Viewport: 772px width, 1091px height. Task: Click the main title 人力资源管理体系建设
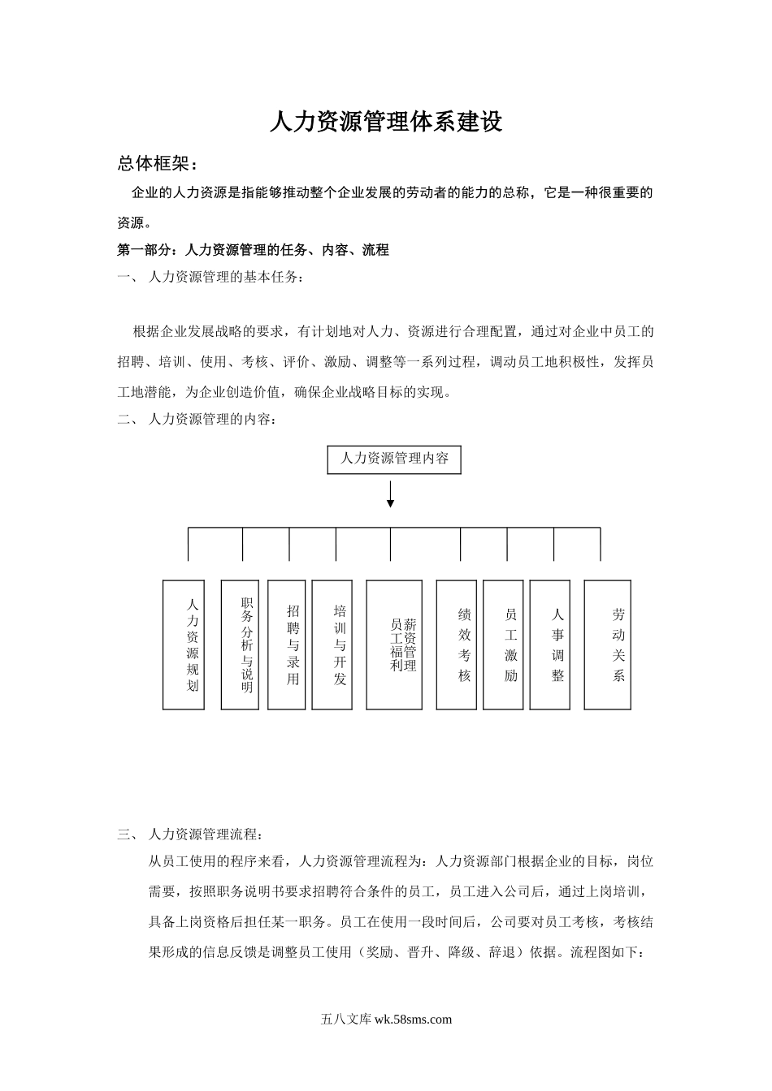pos(386,122)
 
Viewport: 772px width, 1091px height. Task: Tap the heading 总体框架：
pos(158,164)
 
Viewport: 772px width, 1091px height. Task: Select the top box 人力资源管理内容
pos(394,459)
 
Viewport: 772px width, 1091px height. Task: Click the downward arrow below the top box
pos(391,494)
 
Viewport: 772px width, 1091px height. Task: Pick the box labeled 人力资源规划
pos(184,645)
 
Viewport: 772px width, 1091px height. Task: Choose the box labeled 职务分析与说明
pos(240,645)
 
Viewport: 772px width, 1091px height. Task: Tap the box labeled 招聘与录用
pos(287,645)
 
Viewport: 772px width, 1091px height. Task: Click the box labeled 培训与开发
pos(332,645)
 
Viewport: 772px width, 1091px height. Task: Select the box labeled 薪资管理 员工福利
pos(394,645)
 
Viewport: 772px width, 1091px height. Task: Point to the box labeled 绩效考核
pos(457,645)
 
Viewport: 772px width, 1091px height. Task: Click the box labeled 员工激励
pos(503,645)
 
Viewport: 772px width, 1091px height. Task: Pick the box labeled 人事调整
pos(550,645)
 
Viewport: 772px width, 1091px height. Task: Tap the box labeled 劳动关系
pos(608,645)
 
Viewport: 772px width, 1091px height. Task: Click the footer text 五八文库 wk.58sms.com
pos(387,1020)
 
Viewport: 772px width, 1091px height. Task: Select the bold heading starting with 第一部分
pos(254,250)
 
